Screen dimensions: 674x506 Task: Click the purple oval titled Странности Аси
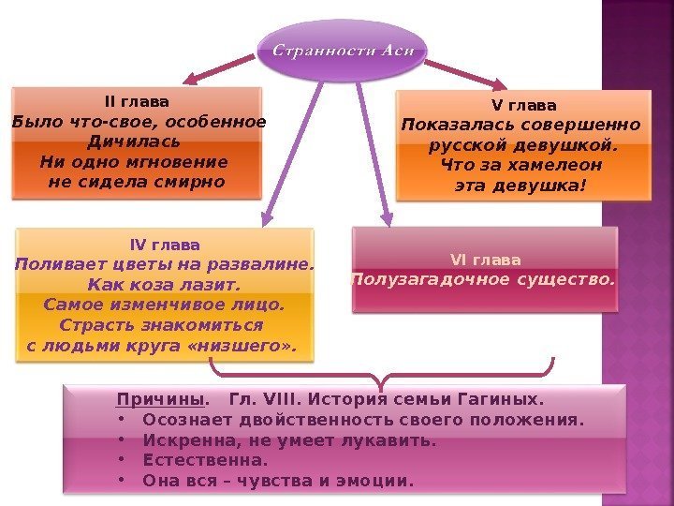click(x=342, y=49)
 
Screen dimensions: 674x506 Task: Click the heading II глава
click(x=137, y=101)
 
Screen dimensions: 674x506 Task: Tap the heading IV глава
click(x=164, y=245)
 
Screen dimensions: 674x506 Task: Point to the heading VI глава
click(x=486, y=260)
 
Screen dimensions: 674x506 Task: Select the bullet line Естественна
click(x=205, y=460)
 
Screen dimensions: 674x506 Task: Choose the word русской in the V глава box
click(x=465, y=145)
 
